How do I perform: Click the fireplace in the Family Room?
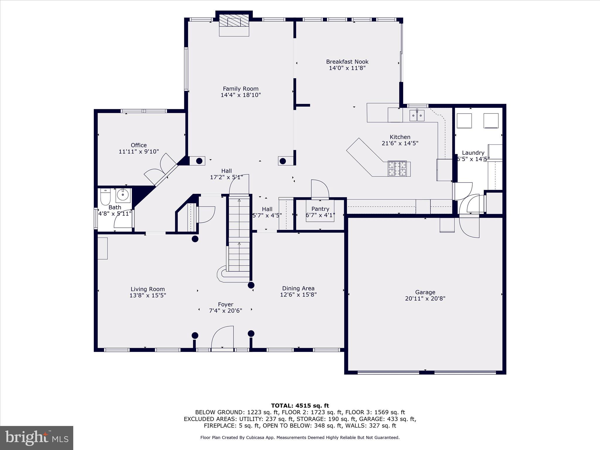click(x=234, y=25)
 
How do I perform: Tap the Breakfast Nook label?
click(x=347, y=62)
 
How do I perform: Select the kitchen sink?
click(x=417, y=115)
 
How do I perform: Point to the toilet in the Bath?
click(x=105, y=197)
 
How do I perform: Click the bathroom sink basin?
click(x=123, y=195)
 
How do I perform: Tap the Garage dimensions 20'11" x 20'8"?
click(x=425, y=299)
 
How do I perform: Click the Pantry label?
click(x=320, y=209)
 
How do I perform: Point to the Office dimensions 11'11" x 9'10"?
click(x=139, y=151)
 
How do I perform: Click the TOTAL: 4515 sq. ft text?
click(x=300, y=406)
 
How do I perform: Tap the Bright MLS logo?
click(x=36, y=438)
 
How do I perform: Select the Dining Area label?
click(x=298, y=288)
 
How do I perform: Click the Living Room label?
click(x=148, y=289)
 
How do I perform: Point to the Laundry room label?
click(x=473, y=153)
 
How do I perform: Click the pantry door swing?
click(x=320, y=189)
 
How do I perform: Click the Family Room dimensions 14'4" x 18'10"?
click(x=241, y=95)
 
